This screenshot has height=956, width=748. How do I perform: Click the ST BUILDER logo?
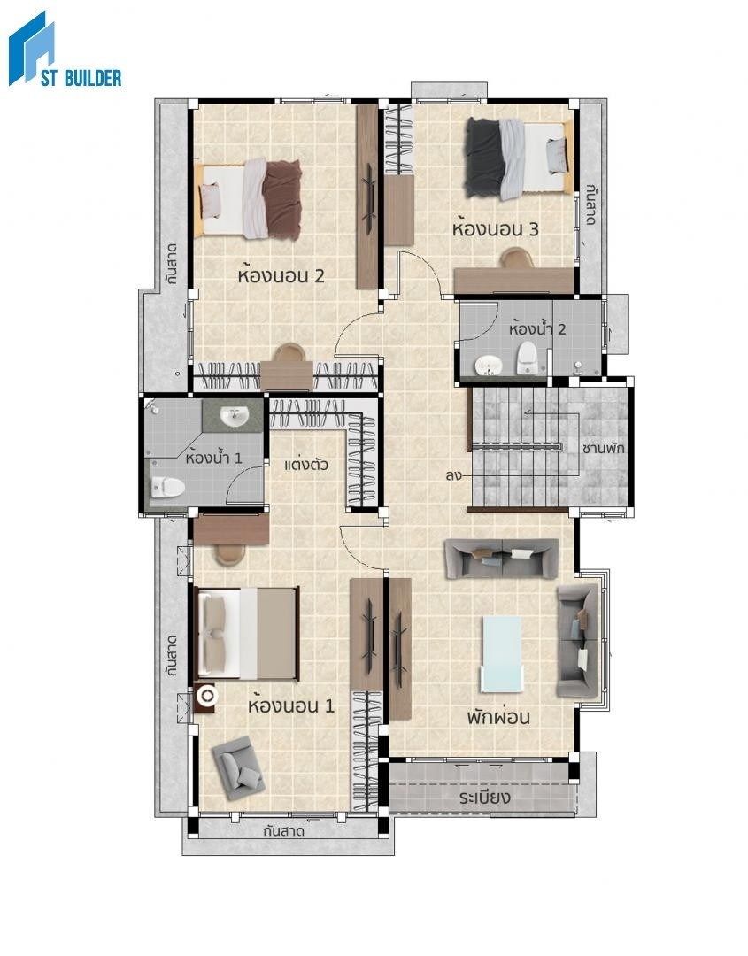(65, 49)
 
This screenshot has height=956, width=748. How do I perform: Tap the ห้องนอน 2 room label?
(281, 275)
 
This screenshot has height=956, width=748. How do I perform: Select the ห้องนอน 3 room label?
(496, 228)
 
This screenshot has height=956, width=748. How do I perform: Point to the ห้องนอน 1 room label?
(291, 705)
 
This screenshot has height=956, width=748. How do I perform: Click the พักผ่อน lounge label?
(498, 716)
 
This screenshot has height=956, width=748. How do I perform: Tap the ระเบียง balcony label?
(484, 797)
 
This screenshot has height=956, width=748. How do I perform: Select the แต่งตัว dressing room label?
(306, 465)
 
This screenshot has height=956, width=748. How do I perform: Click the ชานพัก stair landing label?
(603, 448)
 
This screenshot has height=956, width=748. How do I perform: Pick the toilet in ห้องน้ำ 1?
(167, 487)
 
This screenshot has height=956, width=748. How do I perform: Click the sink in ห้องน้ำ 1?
(234, 417)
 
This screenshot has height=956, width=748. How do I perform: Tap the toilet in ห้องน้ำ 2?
(527, 358)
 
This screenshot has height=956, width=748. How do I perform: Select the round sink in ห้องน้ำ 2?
(488, 366)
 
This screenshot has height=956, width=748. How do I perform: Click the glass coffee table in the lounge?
(502, 654)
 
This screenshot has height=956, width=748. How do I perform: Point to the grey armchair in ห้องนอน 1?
(238, 767)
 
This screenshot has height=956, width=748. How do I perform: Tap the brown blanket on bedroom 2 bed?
(282, 199)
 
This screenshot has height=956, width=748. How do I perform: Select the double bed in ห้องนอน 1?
(246, 634)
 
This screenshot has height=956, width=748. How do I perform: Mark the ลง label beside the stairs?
(453, 475)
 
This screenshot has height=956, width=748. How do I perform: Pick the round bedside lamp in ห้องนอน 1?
(206, 696)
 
